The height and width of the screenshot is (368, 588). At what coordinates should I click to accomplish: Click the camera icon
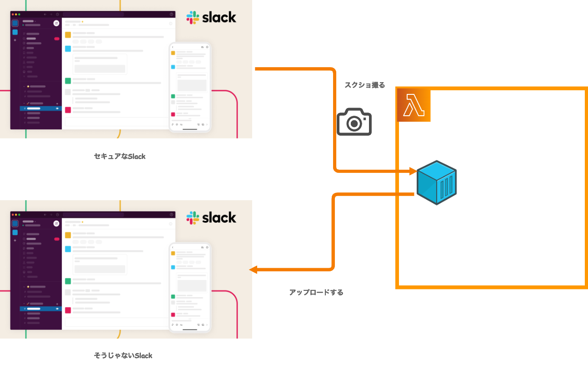click(x=354, y=122)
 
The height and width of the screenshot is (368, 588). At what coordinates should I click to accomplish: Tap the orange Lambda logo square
click(x=414, y=105)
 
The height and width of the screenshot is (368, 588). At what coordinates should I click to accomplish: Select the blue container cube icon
click(x=436, y=182)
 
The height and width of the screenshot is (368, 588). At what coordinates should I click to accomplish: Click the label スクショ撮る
click(x=364, y=85)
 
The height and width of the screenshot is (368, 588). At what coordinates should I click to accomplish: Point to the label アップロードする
click(x=316, y=292)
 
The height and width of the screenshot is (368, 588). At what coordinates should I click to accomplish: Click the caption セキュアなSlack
click(x=120, y=156)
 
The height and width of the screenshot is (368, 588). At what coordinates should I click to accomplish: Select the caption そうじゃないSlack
click(x=123, y=355)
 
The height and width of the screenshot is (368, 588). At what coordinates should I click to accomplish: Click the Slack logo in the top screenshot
click(x=211, y=18)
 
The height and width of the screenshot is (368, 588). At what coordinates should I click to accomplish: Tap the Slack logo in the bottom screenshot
click(x=211, y=218)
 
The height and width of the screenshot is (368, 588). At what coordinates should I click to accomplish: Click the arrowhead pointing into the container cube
click(x=413, y=172)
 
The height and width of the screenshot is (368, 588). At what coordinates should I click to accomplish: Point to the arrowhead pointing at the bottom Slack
click(x=253, y=270)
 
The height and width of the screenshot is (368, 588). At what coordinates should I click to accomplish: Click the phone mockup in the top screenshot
click(x=189, y=87)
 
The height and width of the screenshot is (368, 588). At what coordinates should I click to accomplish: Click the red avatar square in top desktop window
click(x=68, y=110)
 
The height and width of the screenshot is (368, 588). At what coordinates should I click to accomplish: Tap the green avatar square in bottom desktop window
click(x=68, y=281)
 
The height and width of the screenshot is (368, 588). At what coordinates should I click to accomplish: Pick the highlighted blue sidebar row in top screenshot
click(x=41, y=108)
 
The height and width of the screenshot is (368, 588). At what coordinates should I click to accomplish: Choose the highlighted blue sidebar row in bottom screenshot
click(x=41, y=309)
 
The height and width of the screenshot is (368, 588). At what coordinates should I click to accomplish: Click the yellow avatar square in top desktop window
click(x=68, y=35)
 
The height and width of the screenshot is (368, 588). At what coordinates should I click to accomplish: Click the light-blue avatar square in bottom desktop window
click(x=68, y=249)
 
